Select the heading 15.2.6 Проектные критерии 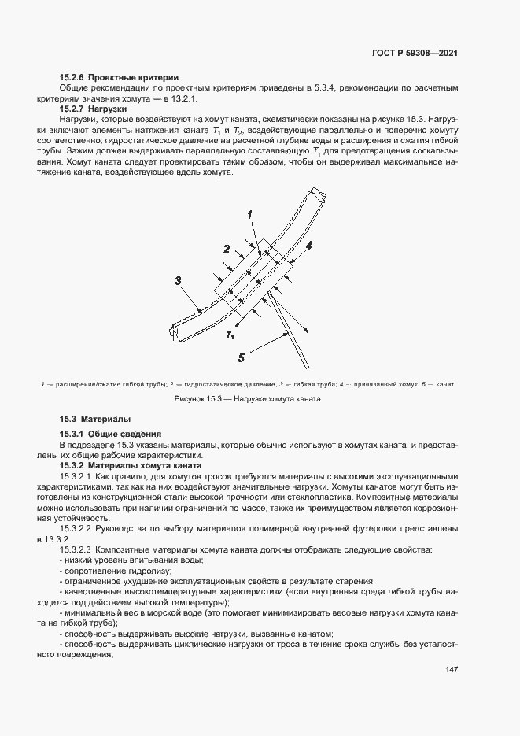(x=120, y=77)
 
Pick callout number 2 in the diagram (x=226, y=250)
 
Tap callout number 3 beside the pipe (x=179, y=279)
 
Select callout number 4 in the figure (x=308, y=246)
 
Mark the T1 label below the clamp (x=229, y=335)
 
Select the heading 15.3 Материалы (x=96, y=419)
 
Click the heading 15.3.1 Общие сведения (x=111, y=434)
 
